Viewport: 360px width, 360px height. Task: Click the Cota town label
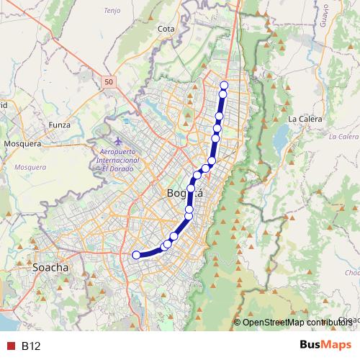tap(166, 29)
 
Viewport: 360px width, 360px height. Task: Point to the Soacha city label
tap(50, 267)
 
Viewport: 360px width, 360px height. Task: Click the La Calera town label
tap(302, 118)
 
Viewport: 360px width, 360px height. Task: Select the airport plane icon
tap(118, 139)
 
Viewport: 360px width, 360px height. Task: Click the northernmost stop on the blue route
tap(224, 86)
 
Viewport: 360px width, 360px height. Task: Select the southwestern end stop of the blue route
tap(135, 254)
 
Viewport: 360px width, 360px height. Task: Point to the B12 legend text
tap(31, 346)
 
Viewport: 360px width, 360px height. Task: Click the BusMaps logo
tap(325, 345)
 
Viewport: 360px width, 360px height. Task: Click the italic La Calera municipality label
tap(343, 136)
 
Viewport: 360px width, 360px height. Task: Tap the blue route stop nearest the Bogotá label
tap(191, 189)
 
